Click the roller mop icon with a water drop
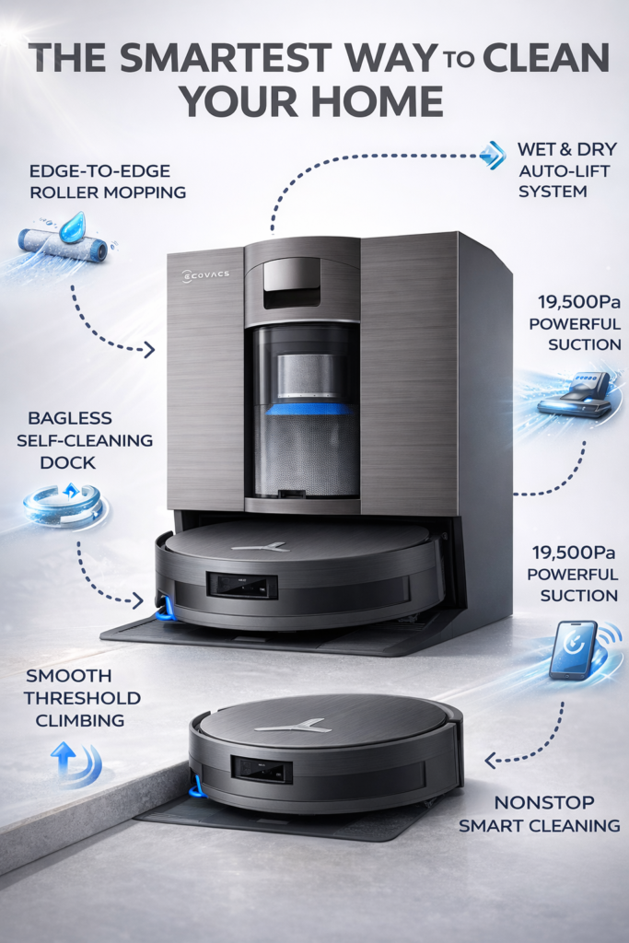point(64,237)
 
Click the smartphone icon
point(573,649)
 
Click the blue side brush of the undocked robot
point(196,787)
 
